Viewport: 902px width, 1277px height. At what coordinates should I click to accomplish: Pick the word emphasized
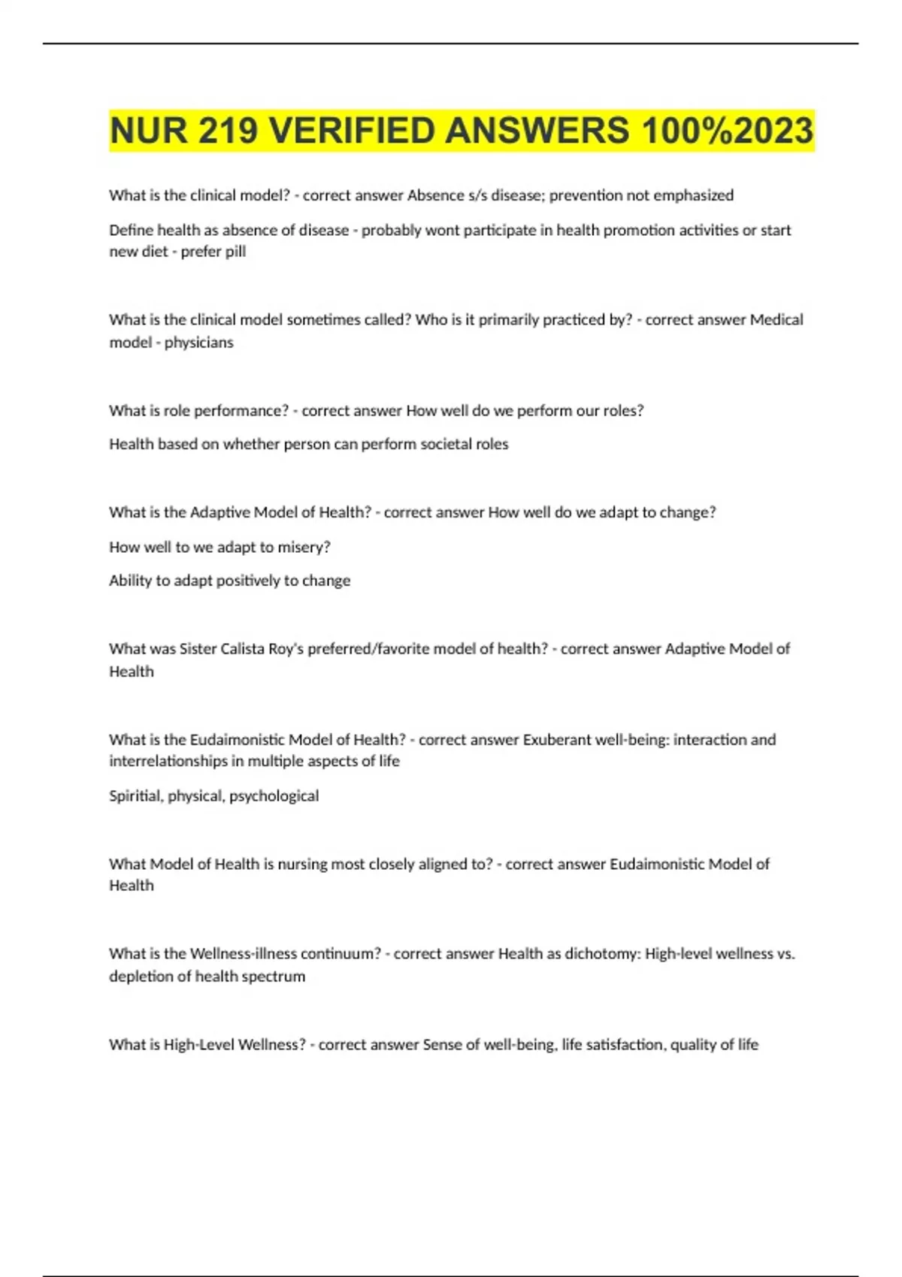point(693,195)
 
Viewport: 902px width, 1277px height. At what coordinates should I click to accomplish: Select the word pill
point(235,252)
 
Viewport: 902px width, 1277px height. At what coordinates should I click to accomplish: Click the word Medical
point(776,320)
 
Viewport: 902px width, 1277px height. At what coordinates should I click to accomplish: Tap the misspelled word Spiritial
point(135,796)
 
